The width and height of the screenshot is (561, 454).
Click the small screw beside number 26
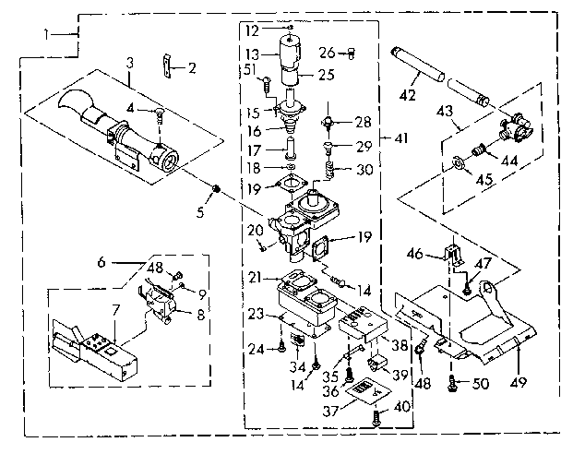(x=351, y=52)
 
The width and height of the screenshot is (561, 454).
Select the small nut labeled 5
(x=216, y=189)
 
